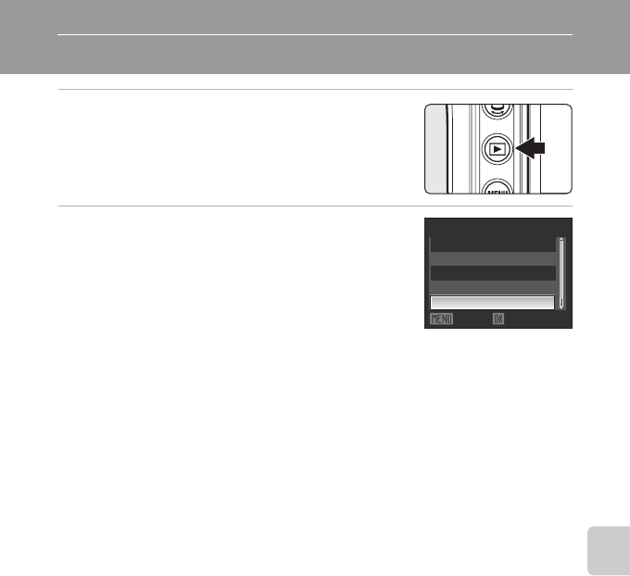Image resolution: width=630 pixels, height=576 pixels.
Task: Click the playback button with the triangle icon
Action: (498, 148)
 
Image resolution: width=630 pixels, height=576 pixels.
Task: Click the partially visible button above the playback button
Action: (498, 110)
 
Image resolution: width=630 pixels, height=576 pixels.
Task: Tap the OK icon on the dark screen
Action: (498, 318)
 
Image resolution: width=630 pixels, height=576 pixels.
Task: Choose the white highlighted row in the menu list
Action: (492, 303)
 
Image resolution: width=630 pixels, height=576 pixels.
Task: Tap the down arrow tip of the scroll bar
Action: (561, 306)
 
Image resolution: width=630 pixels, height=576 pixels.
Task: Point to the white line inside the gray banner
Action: (315, 36)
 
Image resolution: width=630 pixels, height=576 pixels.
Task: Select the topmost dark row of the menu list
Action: (492, 244)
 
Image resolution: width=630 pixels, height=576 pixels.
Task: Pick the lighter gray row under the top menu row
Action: (492, 258)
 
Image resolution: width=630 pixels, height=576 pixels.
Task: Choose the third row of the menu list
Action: (492, 272)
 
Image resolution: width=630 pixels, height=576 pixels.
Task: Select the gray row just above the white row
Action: (492, 287)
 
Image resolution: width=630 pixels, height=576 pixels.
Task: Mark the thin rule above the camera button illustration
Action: (315, 90)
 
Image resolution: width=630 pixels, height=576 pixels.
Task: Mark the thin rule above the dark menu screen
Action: (315, 206)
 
